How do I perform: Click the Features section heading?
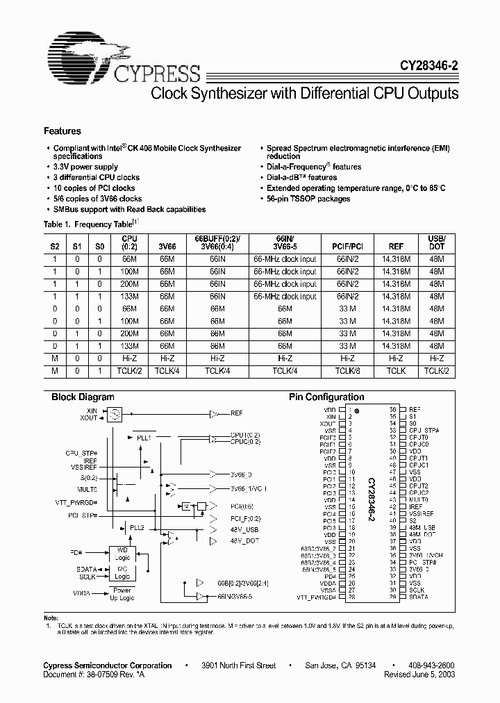(62, 131)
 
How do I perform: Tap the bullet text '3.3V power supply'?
(86, 167)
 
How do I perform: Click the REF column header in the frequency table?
(396, 245)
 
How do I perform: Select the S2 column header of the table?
(55, 245)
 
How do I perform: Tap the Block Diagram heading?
(83, 397)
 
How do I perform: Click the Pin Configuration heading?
(326, 397)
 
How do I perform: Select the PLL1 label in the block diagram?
(144, 438)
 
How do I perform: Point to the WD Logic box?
(122, 553)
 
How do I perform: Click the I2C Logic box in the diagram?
(122, 572)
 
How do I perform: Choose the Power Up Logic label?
(122, 594)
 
